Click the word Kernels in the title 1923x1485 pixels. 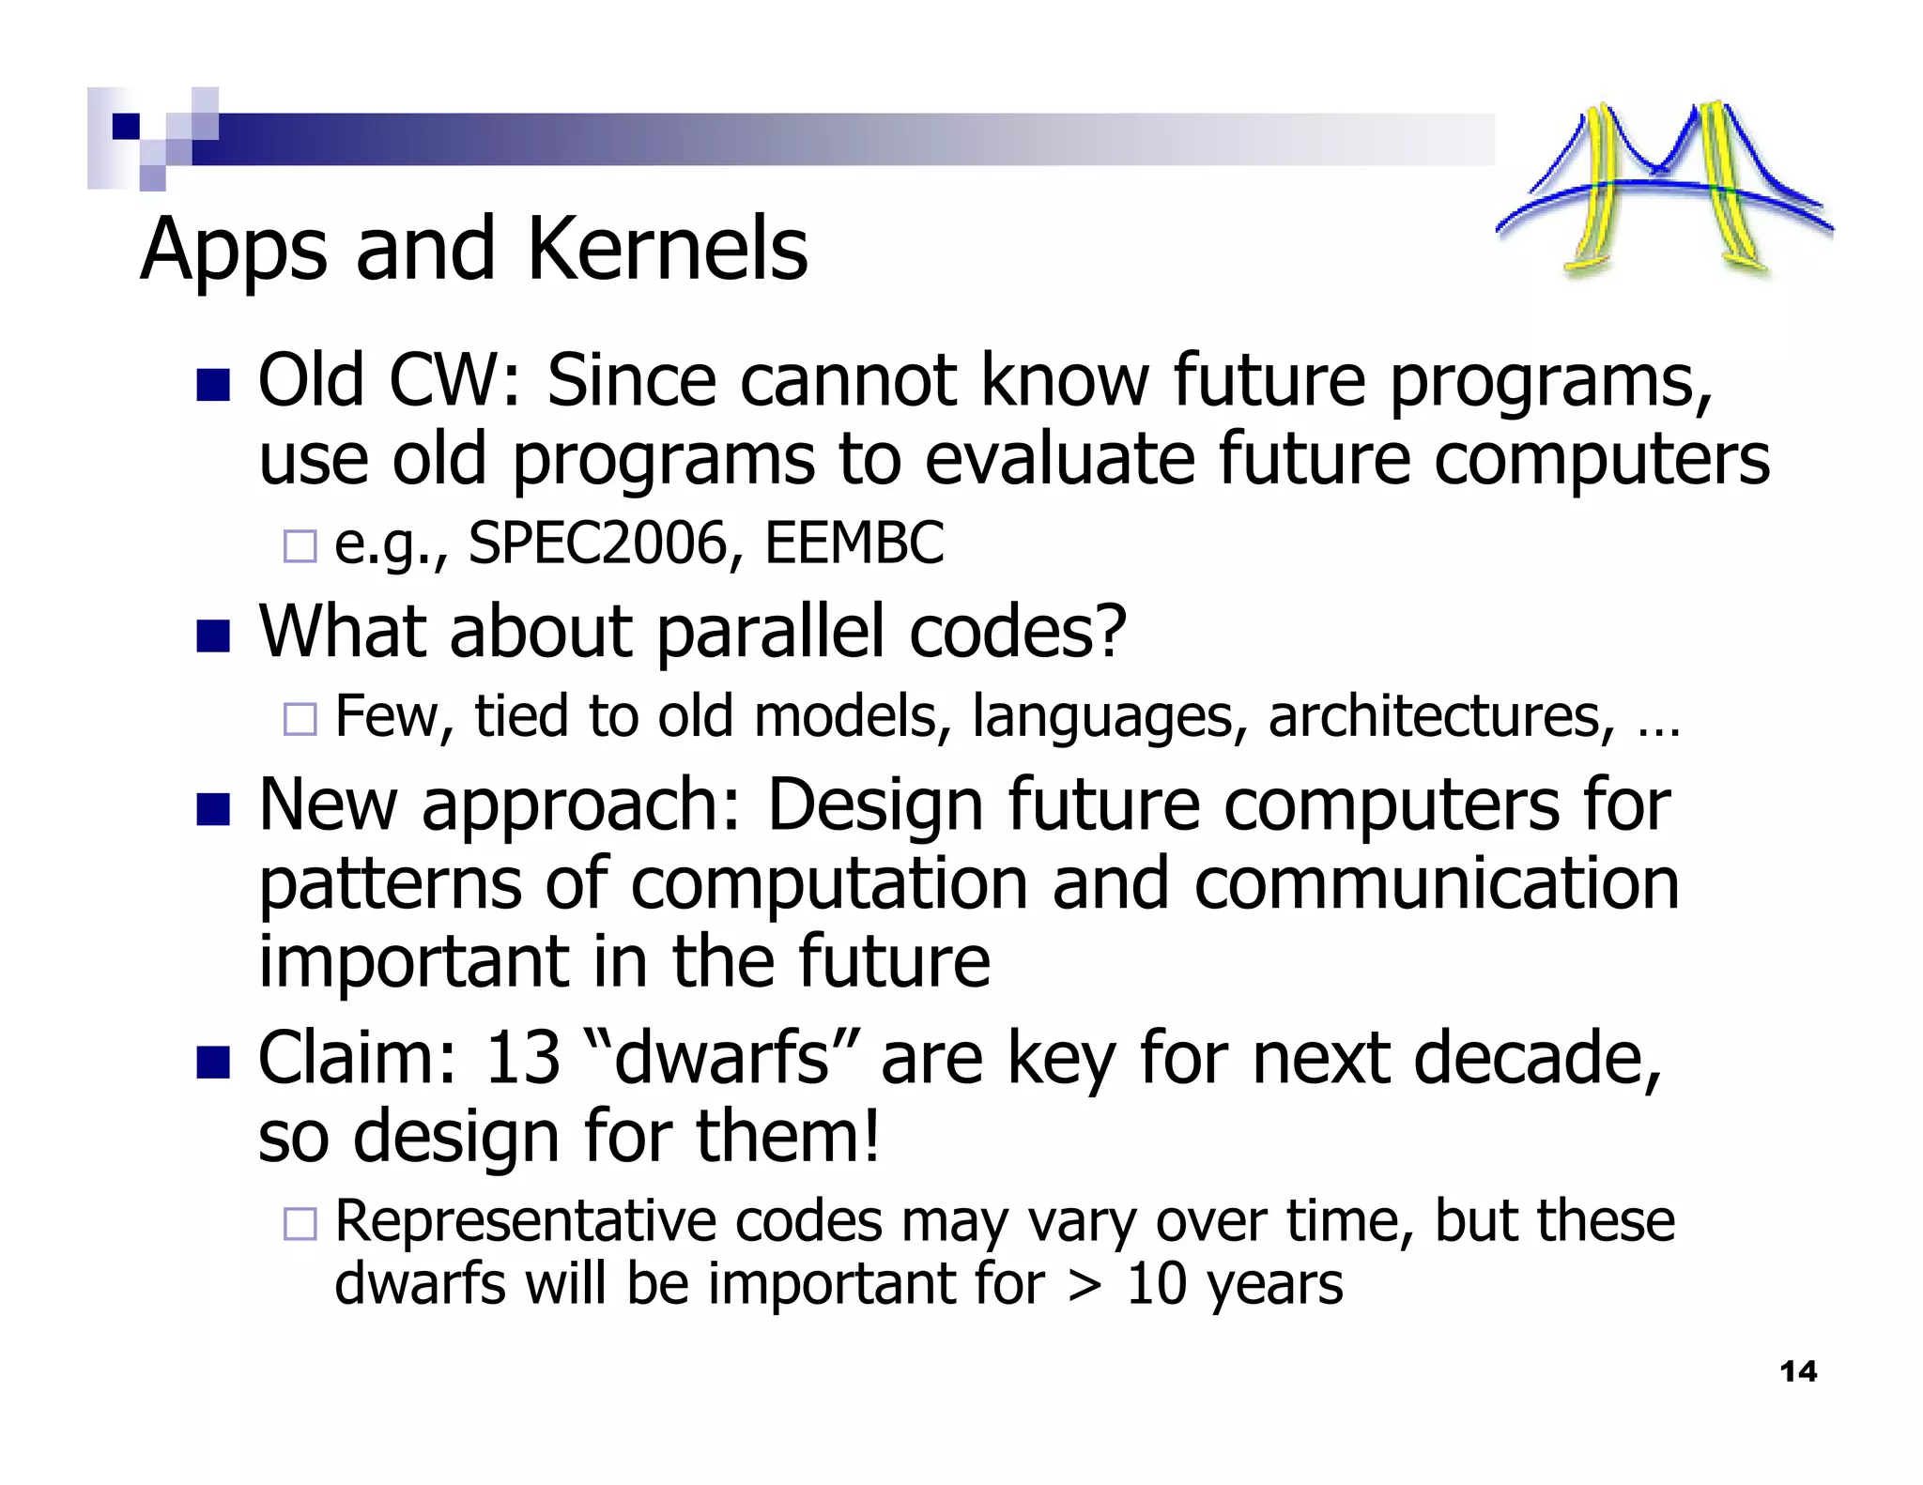tap(667, 250)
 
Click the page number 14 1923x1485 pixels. tap(1798, 1371)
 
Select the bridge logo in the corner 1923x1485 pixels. tap(1664, 188)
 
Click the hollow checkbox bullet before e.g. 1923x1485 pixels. tap(300, 545)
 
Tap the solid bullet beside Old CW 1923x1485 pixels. tap(213, 385)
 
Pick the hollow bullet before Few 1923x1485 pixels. tap(300, 719)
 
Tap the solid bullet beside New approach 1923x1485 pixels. tap(213, 809)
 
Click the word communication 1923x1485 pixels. tap(1437, 884)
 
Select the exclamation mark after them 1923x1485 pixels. tap(870, 1136)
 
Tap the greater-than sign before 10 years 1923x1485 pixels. tap(1085, 1284)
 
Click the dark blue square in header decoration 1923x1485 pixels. tap(126, 126)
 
